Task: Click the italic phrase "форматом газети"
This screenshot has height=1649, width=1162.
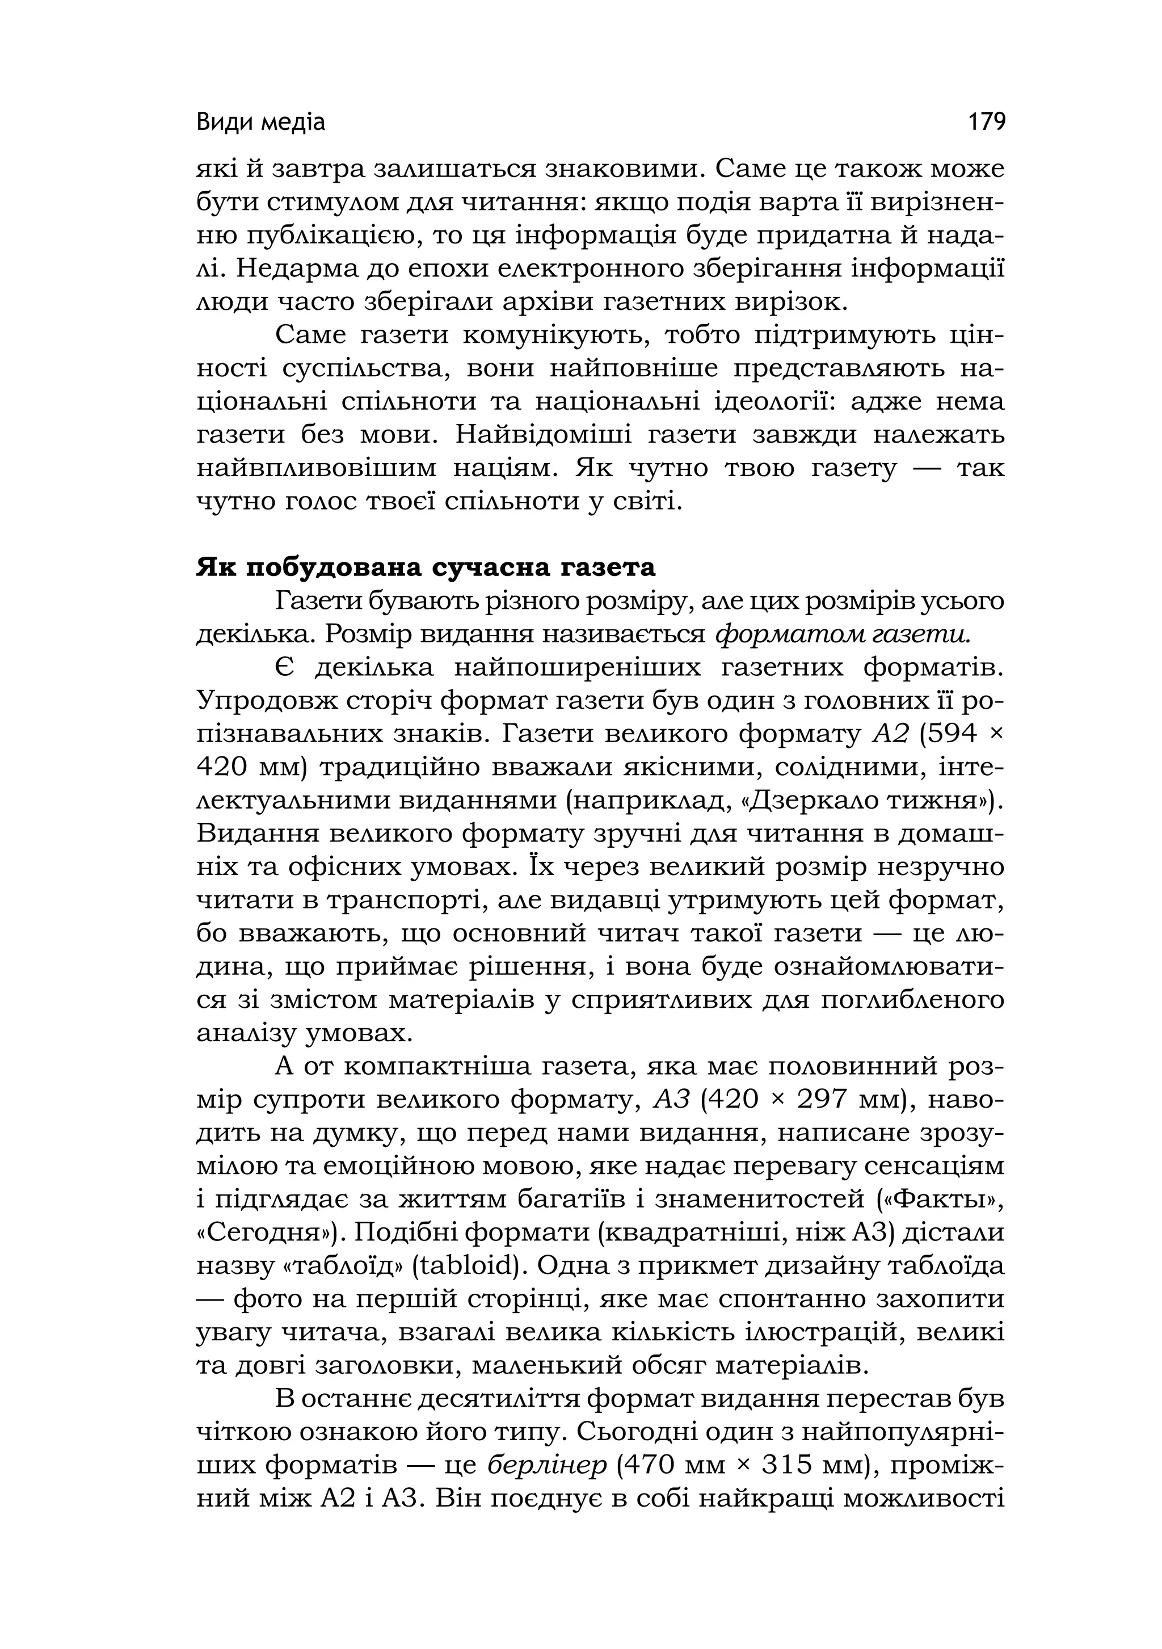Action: tap(843, 634)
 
